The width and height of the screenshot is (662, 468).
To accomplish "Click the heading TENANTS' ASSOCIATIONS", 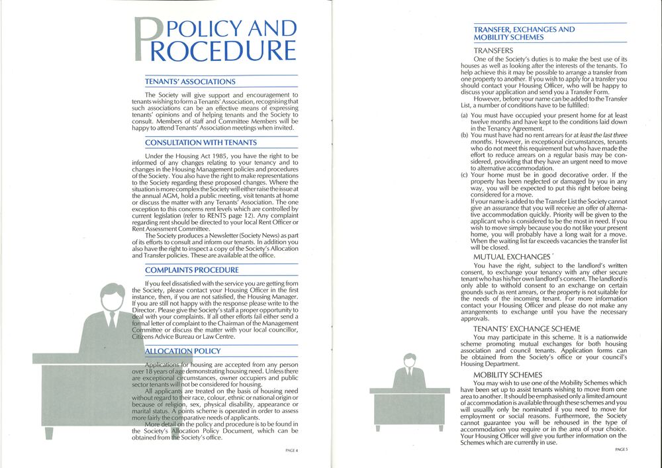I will point(190,81).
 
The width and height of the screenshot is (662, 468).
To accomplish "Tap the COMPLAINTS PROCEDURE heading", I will point(191,270).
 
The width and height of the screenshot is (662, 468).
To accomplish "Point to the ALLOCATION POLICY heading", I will point(183,351).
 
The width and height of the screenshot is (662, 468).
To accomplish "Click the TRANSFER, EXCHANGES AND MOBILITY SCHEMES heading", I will point(524,34).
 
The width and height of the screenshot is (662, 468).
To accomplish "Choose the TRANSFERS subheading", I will point(493,50).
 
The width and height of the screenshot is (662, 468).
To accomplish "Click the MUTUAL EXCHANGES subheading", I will point(511,257).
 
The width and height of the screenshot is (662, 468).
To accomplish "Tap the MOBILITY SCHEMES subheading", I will point(508,375).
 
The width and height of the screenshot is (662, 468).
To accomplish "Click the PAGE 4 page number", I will point(292,450).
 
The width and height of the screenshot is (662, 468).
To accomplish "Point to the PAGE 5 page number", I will point(621,449).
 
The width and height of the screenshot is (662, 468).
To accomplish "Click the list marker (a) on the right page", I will point(465,115).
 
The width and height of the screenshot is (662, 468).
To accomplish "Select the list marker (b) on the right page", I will point(465,135).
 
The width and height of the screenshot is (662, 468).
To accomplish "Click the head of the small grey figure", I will point(408,361).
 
